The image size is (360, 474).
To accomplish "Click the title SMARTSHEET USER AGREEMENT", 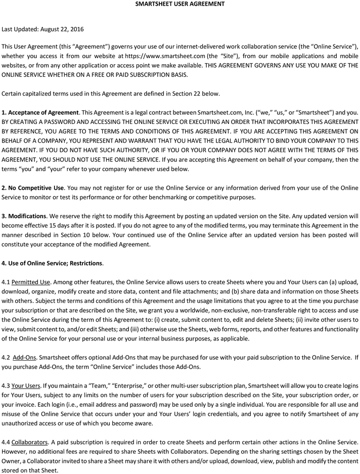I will point(180,4).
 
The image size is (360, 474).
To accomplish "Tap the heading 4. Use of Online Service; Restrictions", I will point(53,263).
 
